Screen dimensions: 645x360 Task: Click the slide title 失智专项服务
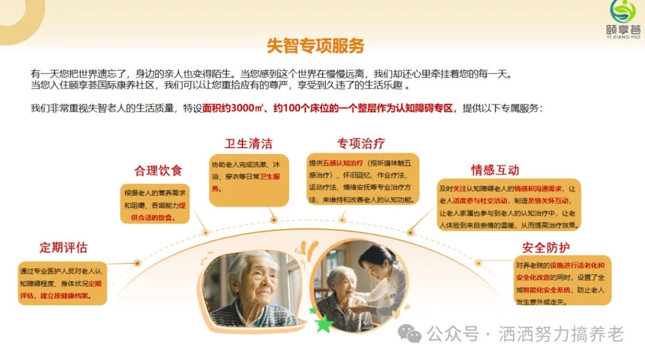tap(315, 45)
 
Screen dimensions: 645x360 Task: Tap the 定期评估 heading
tap(63, 247)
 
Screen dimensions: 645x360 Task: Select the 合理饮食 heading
tap(158, 170)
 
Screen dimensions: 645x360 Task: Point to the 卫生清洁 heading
tap(248, 144)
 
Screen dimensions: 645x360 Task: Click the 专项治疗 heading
tap(361, 143)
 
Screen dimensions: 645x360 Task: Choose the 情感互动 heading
tap(495, 170)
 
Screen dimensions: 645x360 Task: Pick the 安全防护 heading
tap(546, 247)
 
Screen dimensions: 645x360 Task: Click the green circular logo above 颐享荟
tap(623, 11)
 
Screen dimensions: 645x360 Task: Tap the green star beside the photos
tap(324, 324)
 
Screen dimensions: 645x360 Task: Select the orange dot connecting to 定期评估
tap(137, 263)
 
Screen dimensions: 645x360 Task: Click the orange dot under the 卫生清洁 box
tap(274, 220)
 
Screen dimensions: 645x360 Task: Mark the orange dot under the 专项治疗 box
tap(342, 220)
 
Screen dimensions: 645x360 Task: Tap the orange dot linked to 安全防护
tap(478, 263)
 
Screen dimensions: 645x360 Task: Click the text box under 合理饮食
tap(155, 204)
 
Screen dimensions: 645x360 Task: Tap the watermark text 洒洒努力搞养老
tap(561, 334)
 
